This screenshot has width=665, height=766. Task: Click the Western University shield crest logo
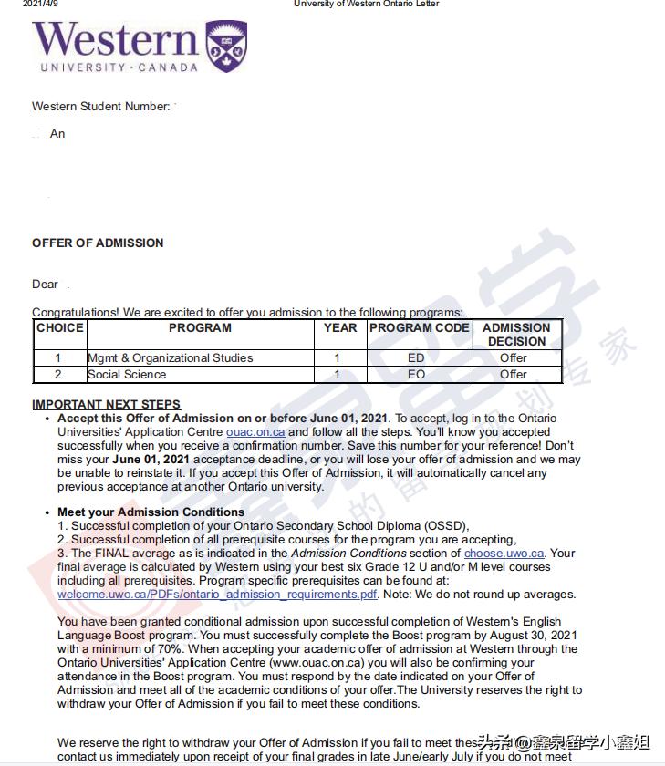(x=227, y=47)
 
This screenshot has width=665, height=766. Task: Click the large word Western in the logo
(x=116, y=40)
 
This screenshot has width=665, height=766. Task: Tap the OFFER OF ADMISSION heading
(x=98, y=243)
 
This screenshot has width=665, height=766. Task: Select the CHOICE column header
(x=59, y=328)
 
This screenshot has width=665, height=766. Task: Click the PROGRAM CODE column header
(x=419, y=328)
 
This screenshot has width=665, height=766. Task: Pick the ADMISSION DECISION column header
(x=516, y=335)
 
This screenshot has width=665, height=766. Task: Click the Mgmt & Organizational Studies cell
(x=171, y=358)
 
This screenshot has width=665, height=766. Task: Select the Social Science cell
(x=127, y=374)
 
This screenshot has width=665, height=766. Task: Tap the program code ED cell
(x=416, y=358)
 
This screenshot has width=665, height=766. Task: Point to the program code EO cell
(x=416, y=374)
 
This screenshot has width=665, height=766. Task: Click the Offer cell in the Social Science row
(x=514, y=374)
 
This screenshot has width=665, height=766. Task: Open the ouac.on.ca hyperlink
(x=255, y=432)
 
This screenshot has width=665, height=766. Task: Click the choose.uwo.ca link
(x=504, y=554)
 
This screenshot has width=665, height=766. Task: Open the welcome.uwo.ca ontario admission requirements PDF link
(x=217, y=595)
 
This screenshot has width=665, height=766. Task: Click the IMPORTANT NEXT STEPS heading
(x=106, y=405)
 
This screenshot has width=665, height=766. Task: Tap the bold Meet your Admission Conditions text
(x=151, y=512)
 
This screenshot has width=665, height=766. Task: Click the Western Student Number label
(x=100, y=107)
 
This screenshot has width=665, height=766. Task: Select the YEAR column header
(x=340, y=328)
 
